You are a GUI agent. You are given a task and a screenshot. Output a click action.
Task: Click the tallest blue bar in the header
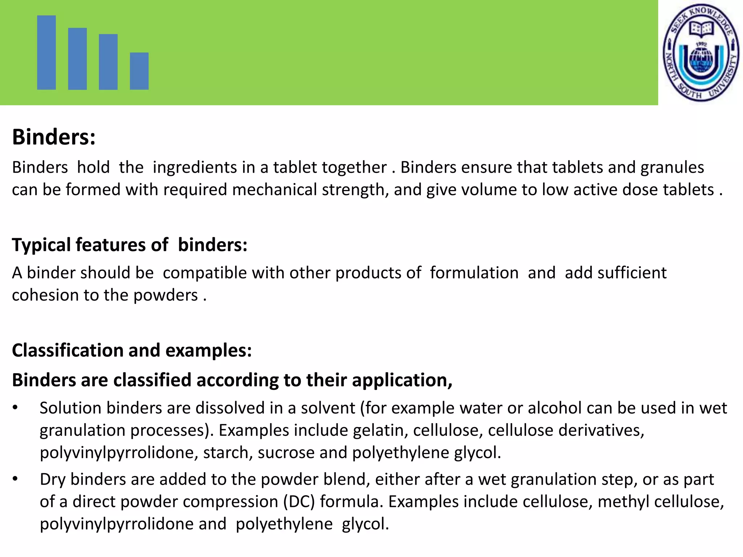[46, 52]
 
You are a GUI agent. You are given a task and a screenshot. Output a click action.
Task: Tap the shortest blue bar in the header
[139, 71]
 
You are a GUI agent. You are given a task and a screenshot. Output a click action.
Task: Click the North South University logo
[701, 53]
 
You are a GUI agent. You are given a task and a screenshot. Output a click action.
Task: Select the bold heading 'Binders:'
[54, 137]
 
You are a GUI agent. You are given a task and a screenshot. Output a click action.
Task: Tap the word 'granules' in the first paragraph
[672, 168]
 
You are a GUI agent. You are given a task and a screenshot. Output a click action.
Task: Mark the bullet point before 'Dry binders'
[15, 479]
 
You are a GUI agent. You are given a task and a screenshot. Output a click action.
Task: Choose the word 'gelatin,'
[381, 430]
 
